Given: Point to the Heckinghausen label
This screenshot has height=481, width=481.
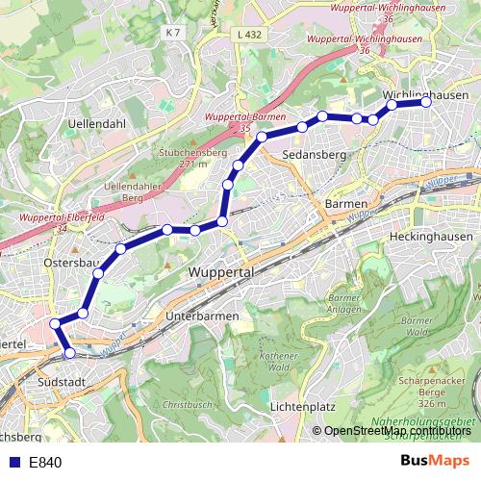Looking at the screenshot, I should [x=432, y=236].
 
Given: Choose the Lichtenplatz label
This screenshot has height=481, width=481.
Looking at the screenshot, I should [x=303, y=407].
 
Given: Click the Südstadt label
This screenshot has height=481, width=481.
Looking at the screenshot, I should [x=65, y=382].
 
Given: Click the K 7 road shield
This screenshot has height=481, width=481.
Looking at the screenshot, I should [x=172, y=33].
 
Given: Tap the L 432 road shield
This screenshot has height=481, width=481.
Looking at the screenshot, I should [x=248, y=35].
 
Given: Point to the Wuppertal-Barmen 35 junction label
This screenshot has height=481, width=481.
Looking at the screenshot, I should [x=240, y=122].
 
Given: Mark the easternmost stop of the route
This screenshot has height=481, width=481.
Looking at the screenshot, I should [x=426, y=102].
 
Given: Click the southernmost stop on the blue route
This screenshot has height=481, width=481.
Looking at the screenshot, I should [x=69, y=353].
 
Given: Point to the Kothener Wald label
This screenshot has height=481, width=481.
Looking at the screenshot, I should [x=280, y=361].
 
